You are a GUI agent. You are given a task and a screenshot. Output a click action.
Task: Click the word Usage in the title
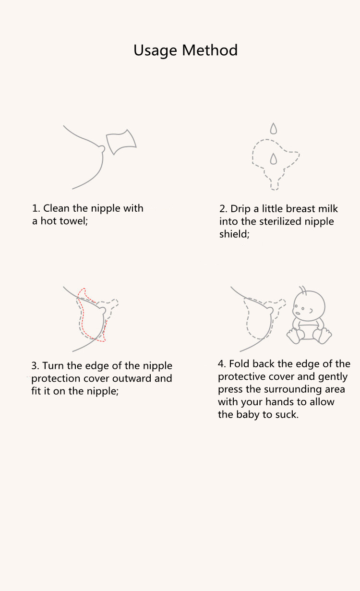155,50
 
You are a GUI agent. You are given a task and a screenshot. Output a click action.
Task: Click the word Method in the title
210,50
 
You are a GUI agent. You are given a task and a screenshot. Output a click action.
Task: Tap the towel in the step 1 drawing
121,142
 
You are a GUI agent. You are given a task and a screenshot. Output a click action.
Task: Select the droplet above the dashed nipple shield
274,129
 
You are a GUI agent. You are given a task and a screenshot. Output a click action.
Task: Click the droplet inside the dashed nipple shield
274,158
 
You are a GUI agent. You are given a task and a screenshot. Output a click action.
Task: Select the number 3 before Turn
35,366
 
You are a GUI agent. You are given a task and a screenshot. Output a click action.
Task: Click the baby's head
309,306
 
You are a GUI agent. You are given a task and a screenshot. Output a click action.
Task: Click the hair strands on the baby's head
303,289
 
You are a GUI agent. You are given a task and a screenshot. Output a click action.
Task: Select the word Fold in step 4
239,364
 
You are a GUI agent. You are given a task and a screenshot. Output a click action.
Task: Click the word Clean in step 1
57,208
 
